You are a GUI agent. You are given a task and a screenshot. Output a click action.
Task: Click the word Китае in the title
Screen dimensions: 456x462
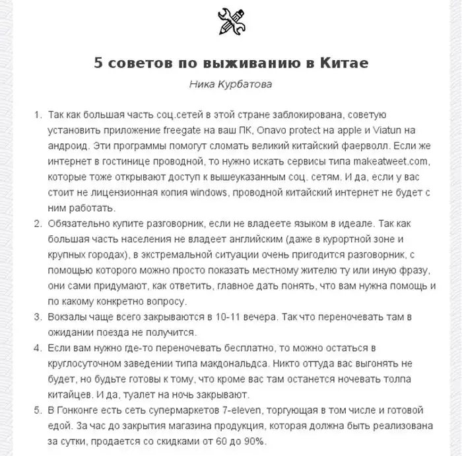[340, 65]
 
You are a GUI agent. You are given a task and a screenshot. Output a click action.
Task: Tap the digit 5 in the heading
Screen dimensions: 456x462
[98, 65]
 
